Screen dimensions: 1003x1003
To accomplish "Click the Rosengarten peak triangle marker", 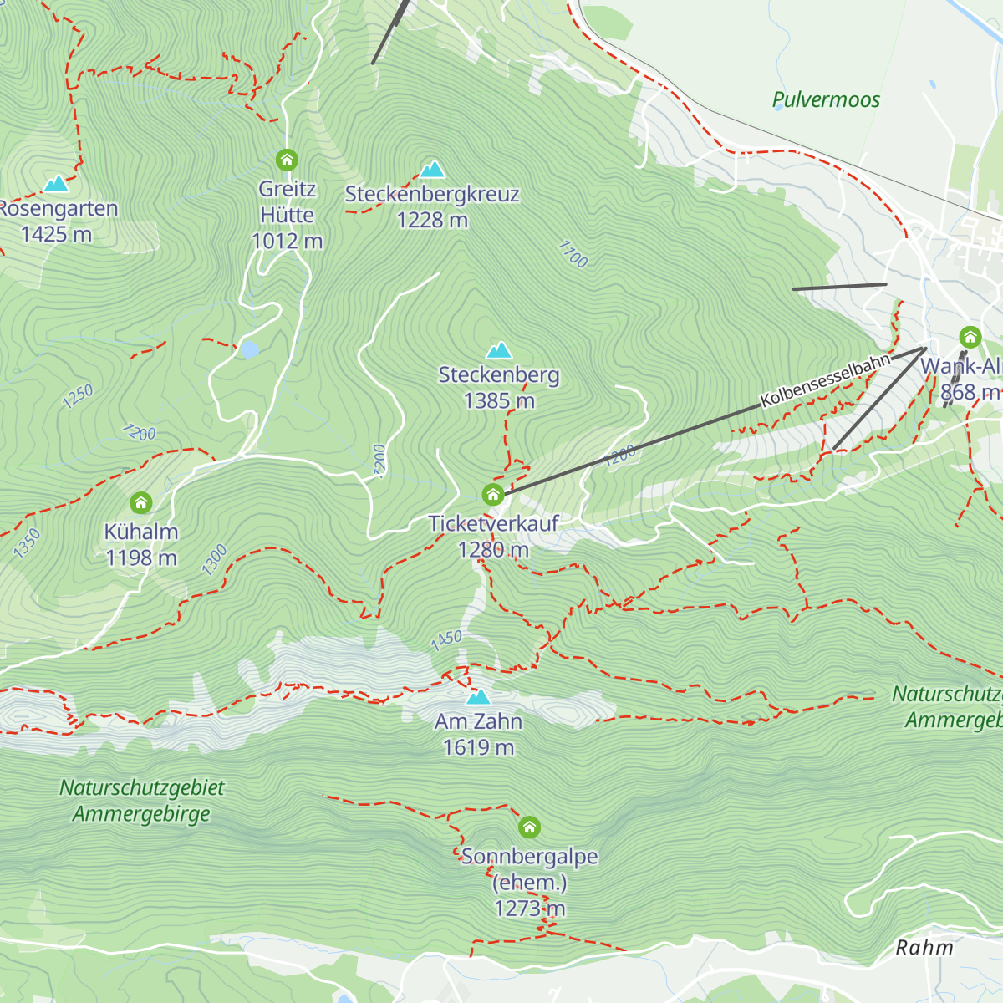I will [x=56, y=183].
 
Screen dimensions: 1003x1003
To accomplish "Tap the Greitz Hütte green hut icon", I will [x=287, y=160].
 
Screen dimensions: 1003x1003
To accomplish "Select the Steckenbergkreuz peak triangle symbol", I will [x=432, y=170].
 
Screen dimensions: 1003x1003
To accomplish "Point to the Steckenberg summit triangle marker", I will [x=499, y=350].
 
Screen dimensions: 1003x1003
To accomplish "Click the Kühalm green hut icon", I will [x=141, y=503].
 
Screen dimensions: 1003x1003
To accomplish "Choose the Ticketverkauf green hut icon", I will [x=493, y=495].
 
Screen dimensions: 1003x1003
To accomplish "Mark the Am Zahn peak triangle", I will [x=478, y=697].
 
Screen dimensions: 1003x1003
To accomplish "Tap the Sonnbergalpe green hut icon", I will [x=529, y=827].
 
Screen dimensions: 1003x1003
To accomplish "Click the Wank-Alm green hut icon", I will [x=970, y=338].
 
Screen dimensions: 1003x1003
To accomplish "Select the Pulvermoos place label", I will [x=826, y=100].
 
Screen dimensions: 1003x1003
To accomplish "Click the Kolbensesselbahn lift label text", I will [x=826, y=381].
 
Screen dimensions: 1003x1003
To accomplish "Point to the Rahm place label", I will [x=924, y=948].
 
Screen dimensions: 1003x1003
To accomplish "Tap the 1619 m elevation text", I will [x=478, y=747].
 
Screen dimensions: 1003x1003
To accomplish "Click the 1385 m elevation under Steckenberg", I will [x=499, y=401].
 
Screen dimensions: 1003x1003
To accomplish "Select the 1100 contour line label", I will [x=573, y=254].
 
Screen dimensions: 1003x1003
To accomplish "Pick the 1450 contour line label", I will [x=446, y=640].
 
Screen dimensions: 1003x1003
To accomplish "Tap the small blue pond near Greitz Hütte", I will [x=248, y=349].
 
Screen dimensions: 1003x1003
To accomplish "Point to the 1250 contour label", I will [x=78, y=396].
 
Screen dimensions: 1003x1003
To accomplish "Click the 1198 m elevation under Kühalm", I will [x=141, y=558].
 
